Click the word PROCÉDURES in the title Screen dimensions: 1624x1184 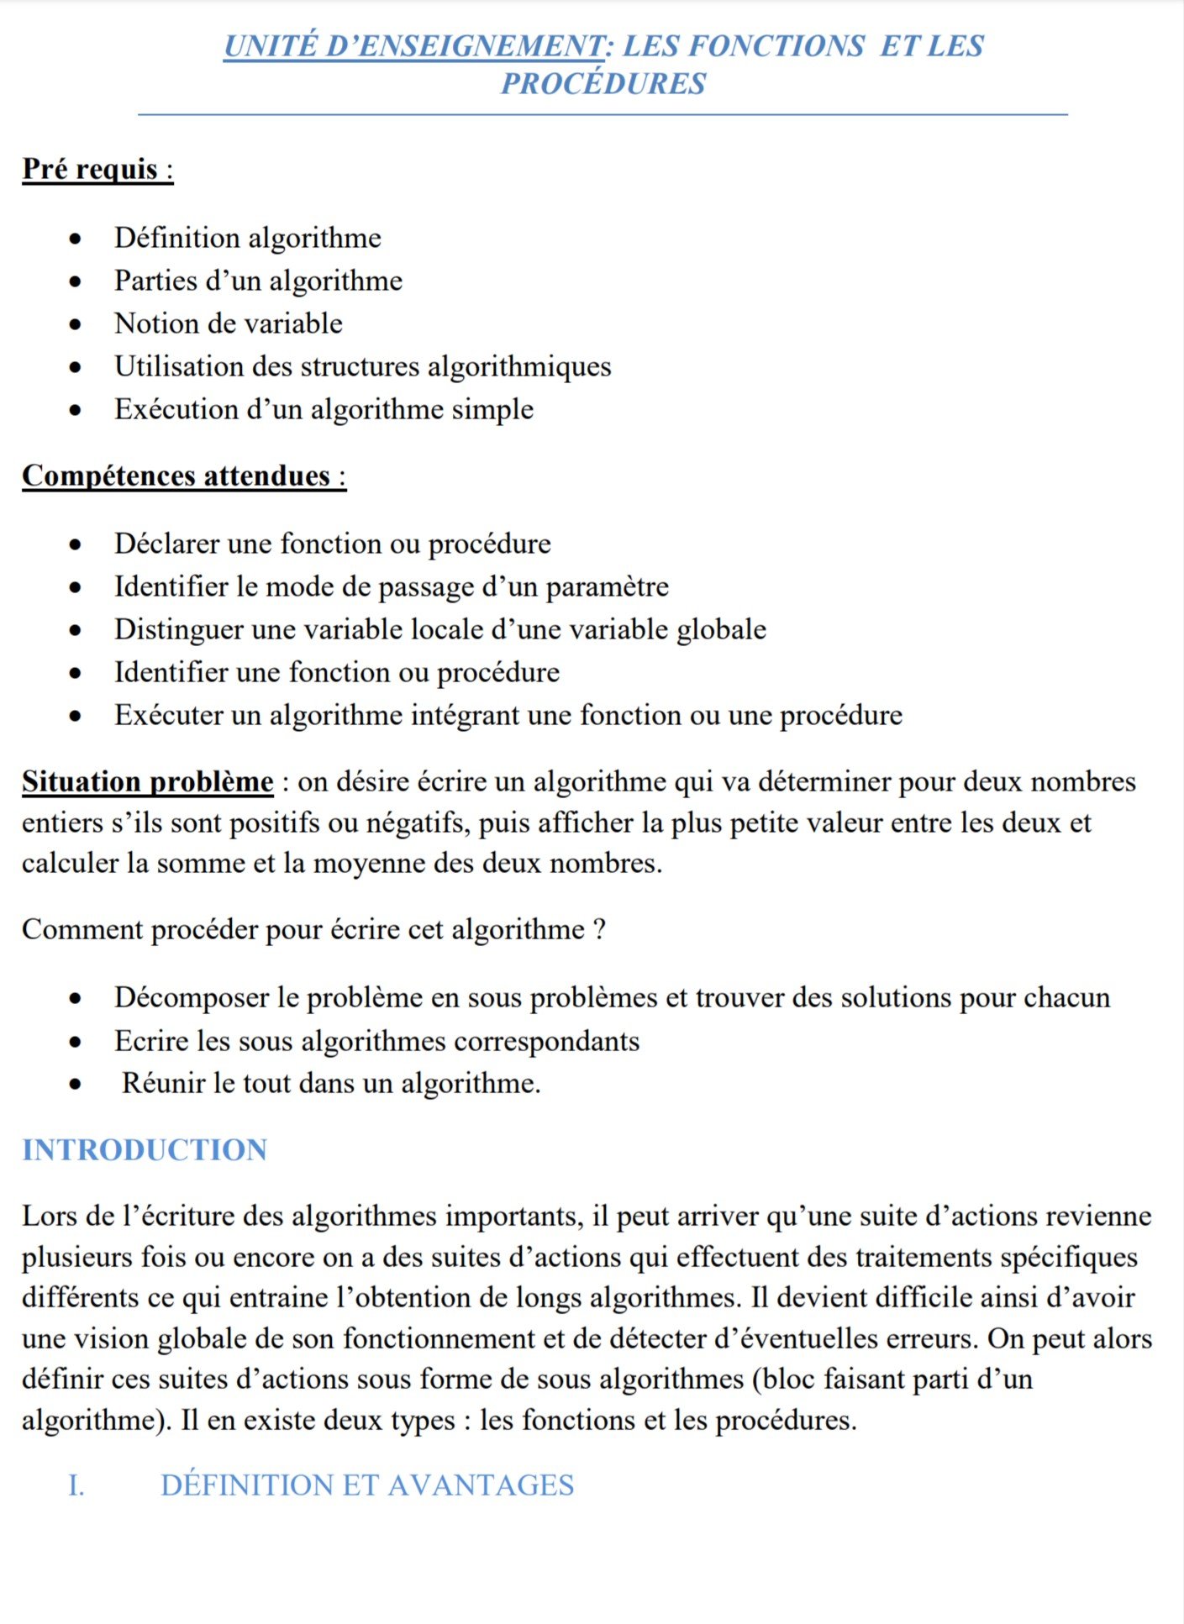(603, 84)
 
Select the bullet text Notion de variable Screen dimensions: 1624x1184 (229, 323)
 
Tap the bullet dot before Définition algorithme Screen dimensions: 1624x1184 (76, 239)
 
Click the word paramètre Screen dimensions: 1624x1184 (608, 586)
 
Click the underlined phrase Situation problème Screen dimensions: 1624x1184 (148, 781)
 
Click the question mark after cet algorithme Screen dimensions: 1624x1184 (598, 930)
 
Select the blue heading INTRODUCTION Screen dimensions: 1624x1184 (145, 1150)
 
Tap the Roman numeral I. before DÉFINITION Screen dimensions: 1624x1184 (76, 1485)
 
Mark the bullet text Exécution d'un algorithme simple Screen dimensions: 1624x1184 (324, 409)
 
